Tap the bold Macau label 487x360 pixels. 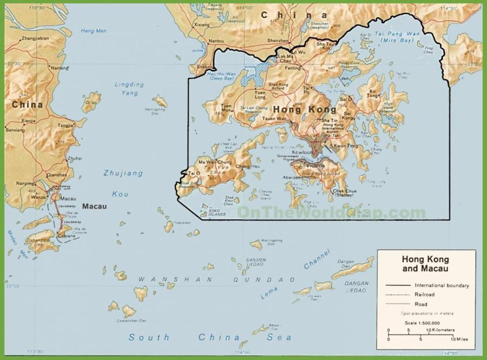(x=95, y=206)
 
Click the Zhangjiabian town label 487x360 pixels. (x=35, y=39)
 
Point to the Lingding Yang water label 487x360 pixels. (x=129, y=89)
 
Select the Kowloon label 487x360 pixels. (x=302, y=153)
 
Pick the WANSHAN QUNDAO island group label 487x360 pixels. (x=216, y=279)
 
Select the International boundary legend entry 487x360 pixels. (x=442, y=285)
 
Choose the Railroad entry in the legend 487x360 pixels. (x=425, y=294)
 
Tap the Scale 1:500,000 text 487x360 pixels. (x=425, y=323)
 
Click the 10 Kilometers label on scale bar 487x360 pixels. (x=439, y=330)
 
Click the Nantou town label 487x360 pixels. (x=216, y=41)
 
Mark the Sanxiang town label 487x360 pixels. (x=15, y=130)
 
